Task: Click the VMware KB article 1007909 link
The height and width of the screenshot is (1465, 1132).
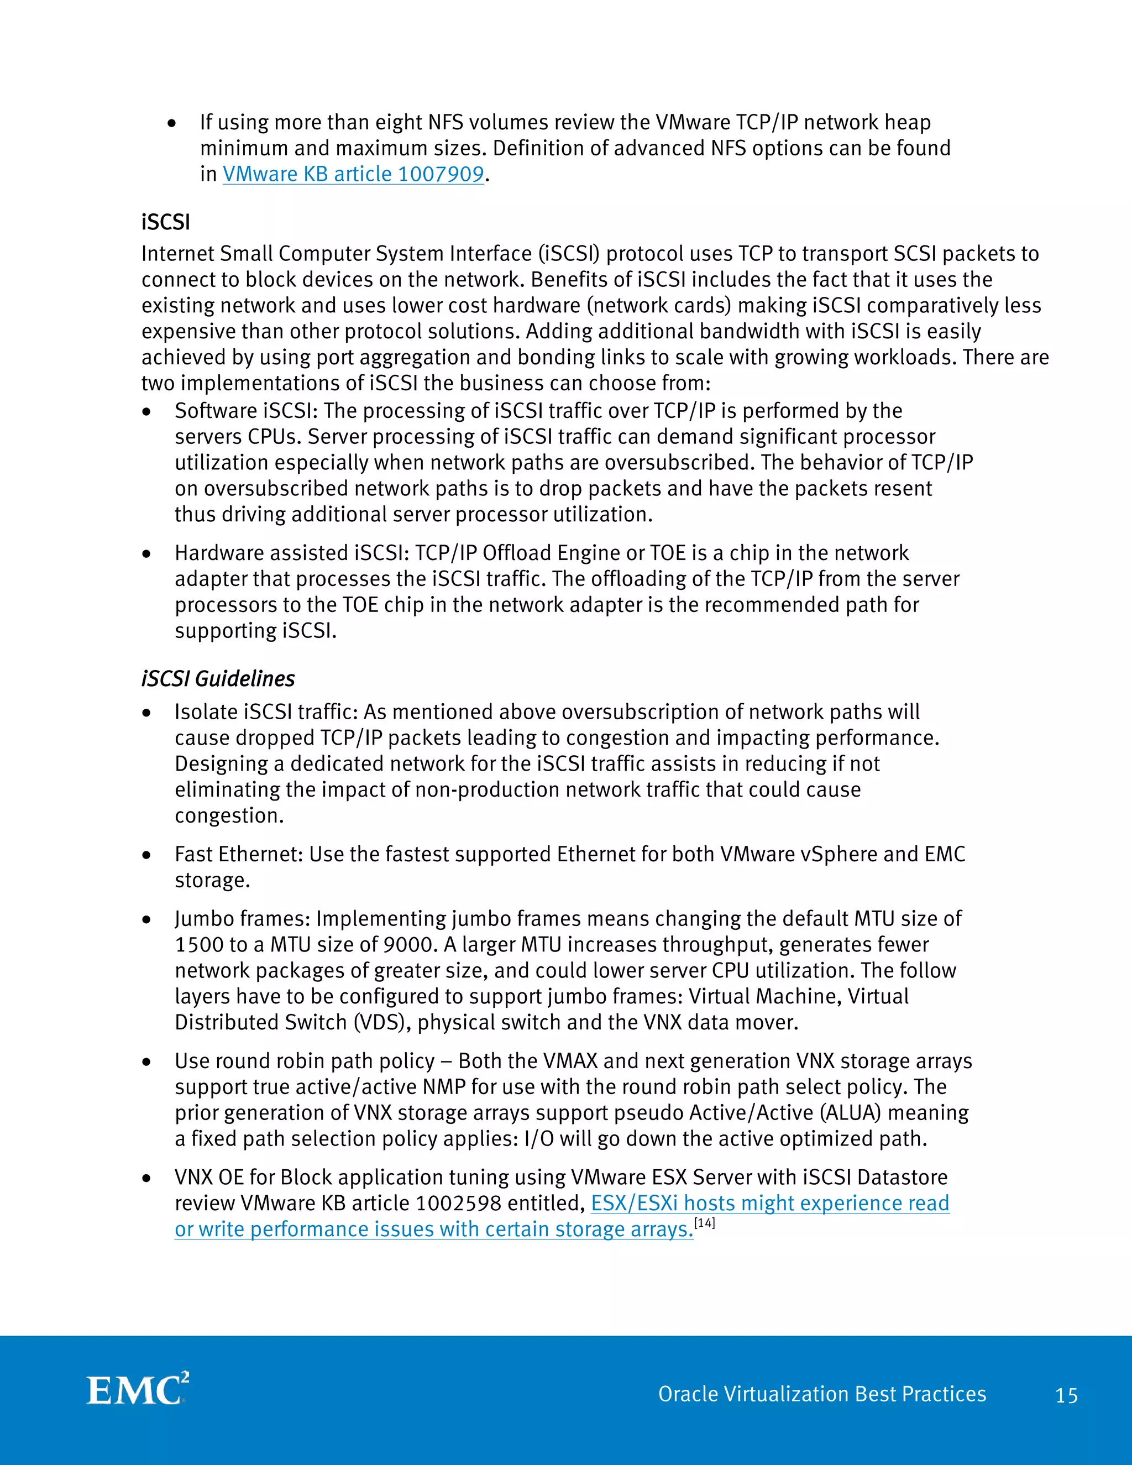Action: tap(353, 174)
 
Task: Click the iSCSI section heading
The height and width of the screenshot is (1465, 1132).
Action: tap(166, 222)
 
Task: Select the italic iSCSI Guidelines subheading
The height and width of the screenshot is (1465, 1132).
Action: tap(218, 679)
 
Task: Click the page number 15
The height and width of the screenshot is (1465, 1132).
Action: tap(1066, 1396)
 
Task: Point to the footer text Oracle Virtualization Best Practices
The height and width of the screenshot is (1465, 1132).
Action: tap(821, 1394)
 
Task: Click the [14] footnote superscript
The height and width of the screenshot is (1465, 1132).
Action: tap(705, 1223)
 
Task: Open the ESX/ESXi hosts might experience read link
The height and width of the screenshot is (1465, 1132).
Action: tap(769, 1204)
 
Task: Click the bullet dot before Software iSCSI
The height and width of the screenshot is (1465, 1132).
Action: tap(146, 412)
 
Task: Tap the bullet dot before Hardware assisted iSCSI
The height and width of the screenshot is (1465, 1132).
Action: tap(146, 554)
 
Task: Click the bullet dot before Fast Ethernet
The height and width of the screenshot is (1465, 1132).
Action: tap(146, 855)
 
